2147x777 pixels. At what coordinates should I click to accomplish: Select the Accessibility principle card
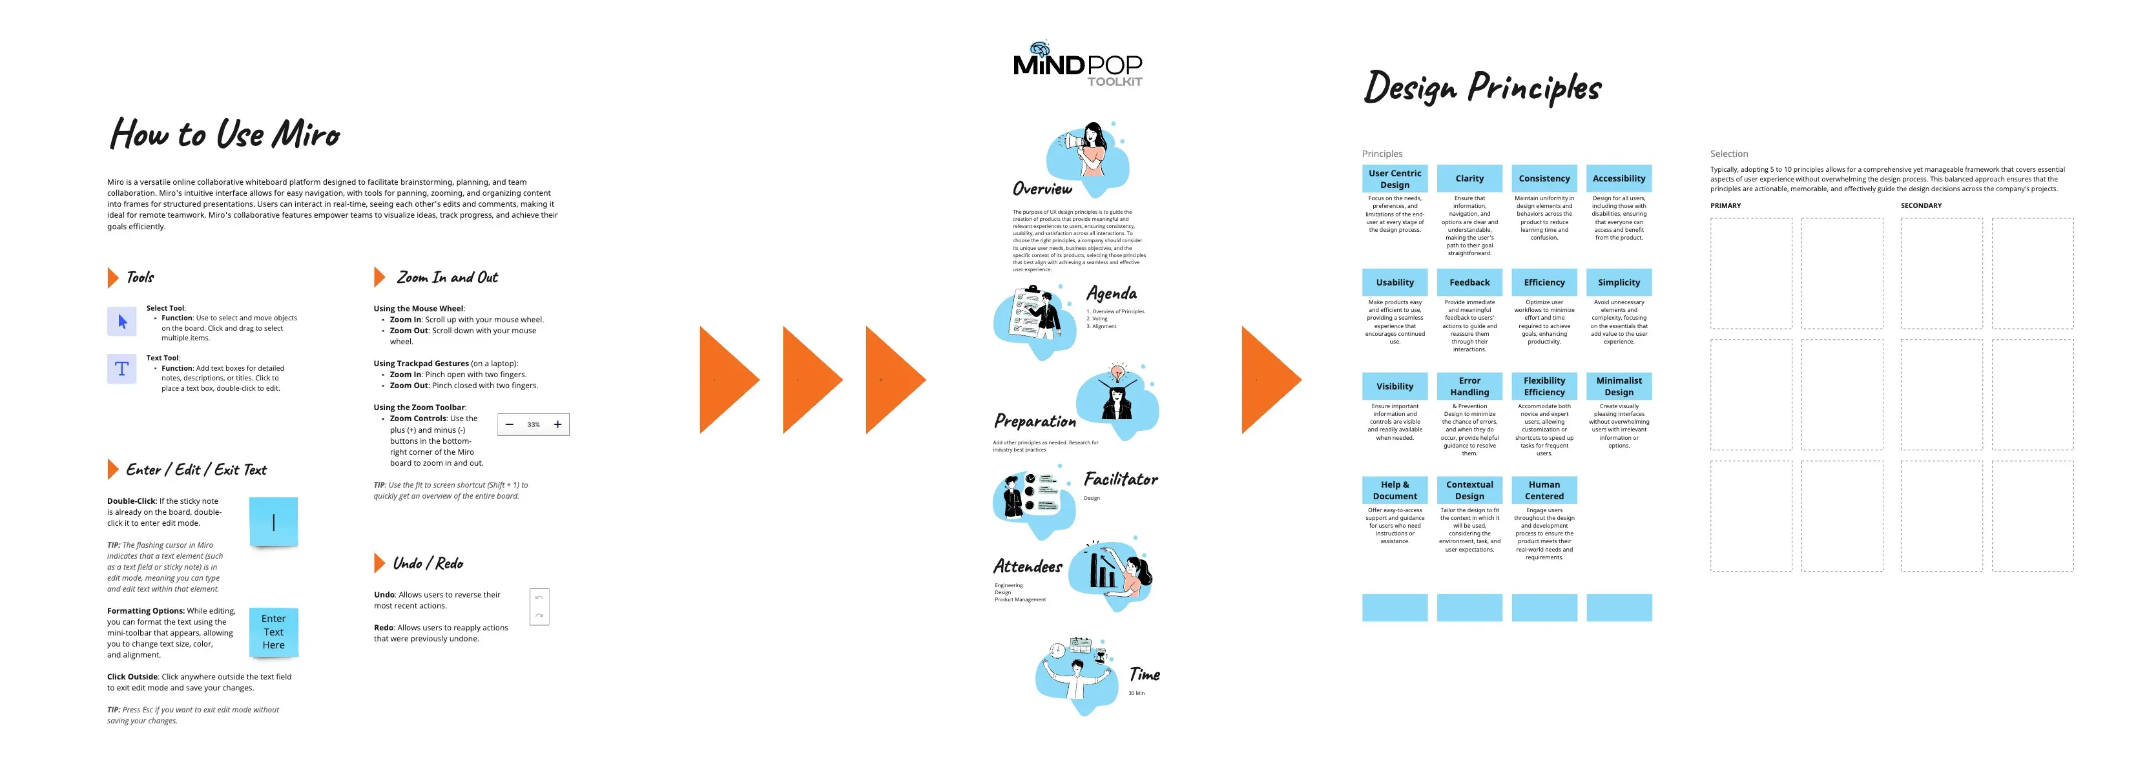1618,178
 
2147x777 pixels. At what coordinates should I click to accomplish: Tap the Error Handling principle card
1469,386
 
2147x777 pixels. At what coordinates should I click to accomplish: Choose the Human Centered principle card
1544,490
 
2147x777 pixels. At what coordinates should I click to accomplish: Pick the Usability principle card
1395,283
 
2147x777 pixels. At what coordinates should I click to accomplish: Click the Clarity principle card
1469,178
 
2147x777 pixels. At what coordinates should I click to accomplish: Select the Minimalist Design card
1618,386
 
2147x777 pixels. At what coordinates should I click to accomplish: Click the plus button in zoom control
557,424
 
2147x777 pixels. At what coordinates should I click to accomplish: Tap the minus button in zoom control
509,424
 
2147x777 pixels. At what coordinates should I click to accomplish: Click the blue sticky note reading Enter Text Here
273,632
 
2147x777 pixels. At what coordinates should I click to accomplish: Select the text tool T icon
121,369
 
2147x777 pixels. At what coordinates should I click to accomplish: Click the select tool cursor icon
121,322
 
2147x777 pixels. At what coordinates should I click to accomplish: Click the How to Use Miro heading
225,134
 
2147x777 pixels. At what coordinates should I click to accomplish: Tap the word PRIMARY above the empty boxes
1725,205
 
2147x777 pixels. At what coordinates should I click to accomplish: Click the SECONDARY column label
1920,205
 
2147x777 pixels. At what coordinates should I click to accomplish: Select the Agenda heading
1111,293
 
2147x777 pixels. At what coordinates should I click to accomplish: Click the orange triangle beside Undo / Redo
379,564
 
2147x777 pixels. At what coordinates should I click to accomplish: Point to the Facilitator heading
1120,479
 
